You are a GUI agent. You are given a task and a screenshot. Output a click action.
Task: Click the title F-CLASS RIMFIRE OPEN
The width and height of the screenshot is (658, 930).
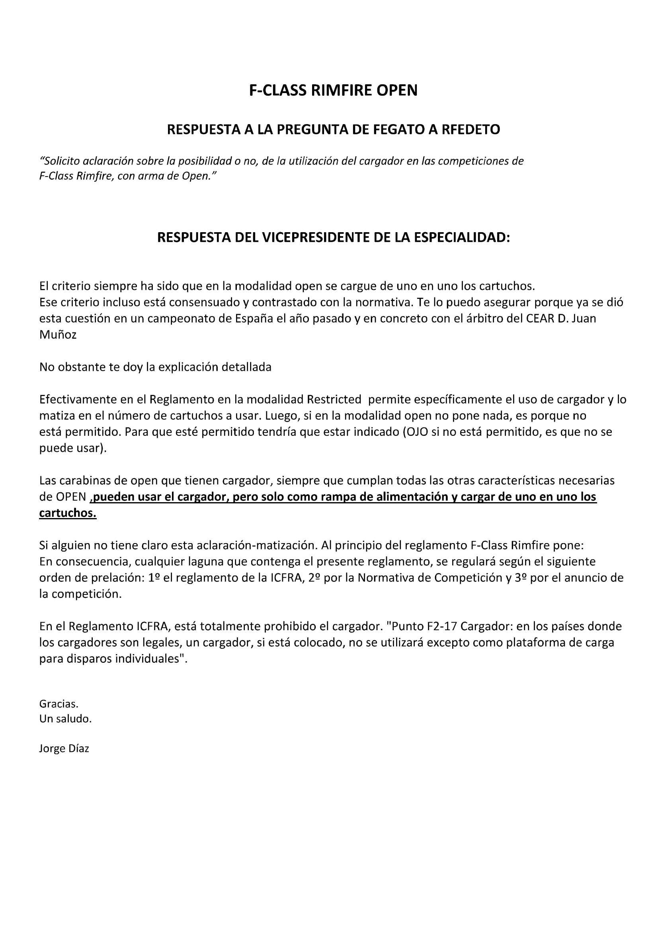point(333,90)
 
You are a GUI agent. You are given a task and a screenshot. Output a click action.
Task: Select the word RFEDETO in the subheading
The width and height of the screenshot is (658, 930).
point(471,130)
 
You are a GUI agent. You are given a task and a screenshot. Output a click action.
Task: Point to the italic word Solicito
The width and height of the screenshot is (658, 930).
point(59,161)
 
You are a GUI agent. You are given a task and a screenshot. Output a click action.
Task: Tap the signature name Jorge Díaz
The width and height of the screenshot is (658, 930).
point(64,748)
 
